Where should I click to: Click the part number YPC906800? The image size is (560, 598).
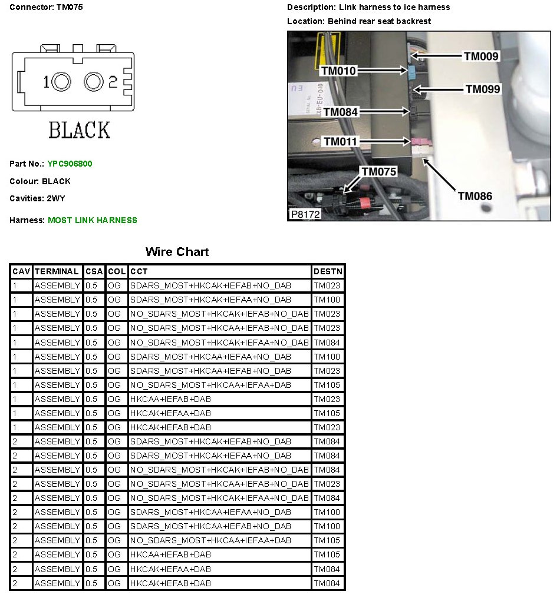70,164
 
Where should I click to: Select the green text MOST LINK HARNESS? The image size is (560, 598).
92,221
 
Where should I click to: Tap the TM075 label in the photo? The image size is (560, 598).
379,171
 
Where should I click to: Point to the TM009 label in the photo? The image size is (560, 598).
481,57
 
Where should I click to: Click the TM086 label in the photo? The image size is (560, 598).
475,196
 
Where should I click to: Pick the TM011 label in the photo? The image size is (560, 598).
341,142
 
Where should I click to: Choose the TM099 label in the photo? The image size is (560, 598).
483,89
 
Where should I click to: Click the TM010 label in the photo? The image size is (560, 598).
338,71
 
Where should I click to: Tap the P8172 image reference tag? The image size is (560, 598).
305,215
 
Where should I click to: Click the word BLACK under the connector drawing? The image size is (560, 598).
79,130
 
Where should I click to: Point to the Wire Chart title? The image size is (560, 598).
177,253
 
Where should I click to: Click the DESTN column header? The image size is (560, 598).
327,272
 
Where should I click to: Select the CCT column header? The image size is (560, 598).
139,272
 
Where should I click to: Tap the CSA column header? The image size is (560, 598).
94,272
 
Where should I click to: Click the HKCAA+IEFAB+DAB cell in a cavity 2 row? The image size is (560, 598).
171,555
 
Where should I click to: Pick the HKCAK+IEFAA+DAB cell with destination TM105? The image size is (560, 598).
171,414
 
